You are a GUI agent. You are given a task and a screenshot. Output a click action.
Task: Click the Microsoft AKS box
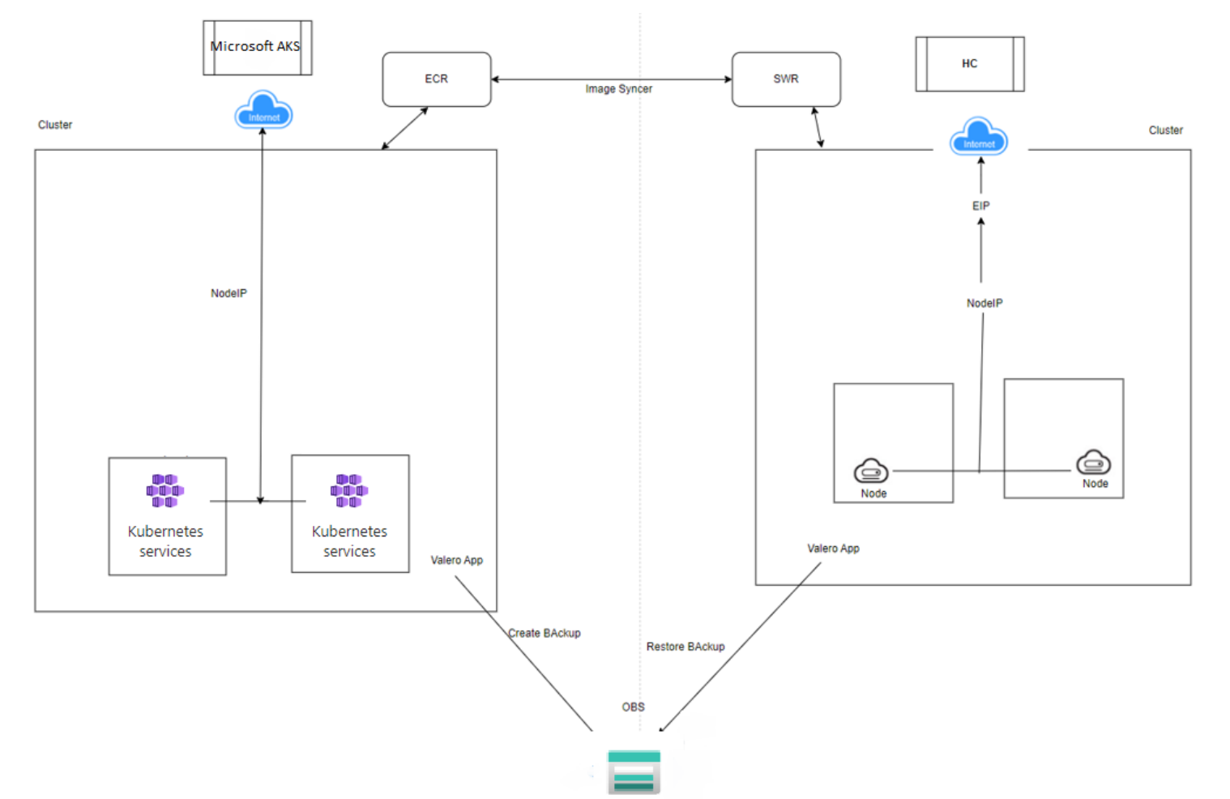tap(257, 48)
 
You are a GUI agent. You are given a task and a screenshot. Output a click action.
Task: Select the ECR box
tap(437, 79)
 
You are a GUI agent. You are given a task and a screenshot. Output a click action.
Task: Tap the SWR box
tap(786, 79)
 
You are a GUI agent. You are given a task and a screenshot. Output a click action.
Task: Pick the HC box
tap(970, 64)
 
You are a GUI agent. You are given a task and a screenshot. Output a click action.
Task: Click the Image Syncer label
tap(618, 89)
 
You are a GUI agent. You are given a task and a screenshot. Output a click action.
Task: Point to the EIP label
tap(981, 206)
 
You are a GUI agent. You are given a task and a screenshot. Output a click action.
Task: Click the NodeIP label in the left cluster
tap(228, 293)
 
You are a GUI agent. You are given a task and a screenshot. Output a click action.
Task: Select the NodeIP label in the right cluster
tap(984, 303)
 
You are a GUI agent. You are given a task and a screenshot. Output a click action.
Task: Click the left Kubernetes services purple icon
tap(165, 490)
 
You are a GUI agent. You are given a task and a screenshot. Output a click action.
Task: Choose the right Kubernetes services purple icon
tap(349, 490)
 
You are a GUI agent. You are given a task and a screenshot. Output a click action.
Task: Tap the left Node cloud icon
tap(871, 471)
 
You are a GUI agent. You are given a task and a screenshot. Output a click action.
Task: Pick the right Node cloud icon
tap(1093, 462)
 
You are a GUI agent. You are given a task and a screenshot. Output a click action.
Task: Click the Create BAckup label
tap(545, 633)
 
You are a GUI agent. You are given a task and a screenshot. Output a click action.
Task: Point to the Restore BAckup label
tap(685, 647)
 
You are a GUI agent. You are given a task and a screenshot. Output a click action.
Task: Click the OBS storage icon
tap(634, 771)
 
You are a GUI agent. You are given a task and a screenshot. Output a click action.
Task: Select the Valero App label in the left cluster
tap(456, 560)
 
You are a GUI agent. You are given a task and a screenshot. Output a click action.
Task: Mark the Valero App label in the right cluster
tap(833, 549)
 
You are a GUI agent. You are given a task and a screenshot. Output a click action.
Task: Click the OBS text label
tap(633, 707)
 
